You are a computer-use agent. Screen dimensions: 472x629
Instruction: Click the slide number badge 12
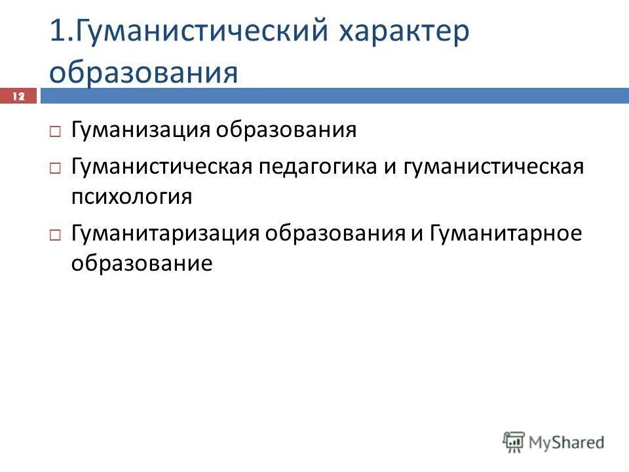pos(20,96)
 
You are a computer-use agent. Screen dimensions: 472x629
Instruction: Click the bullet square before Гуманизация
pos(55,131)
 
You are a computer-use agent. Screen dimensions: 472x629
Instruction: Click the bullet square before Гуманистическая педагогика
pos(55,168)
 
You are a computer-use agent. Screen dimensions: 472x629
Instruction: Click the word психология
pos(132,197)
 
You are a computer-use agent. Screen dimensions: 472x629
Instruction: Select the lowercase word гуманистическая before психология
pos(493,167)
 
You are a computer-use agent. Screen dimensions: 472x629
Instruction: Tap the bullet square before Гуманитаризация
pos(55,234)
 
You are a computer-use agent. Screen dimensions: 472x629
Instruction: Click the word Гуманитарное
pos(506,233)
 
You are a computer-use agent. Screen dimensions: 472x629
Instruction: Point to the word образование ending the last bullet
pos(142,263)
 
